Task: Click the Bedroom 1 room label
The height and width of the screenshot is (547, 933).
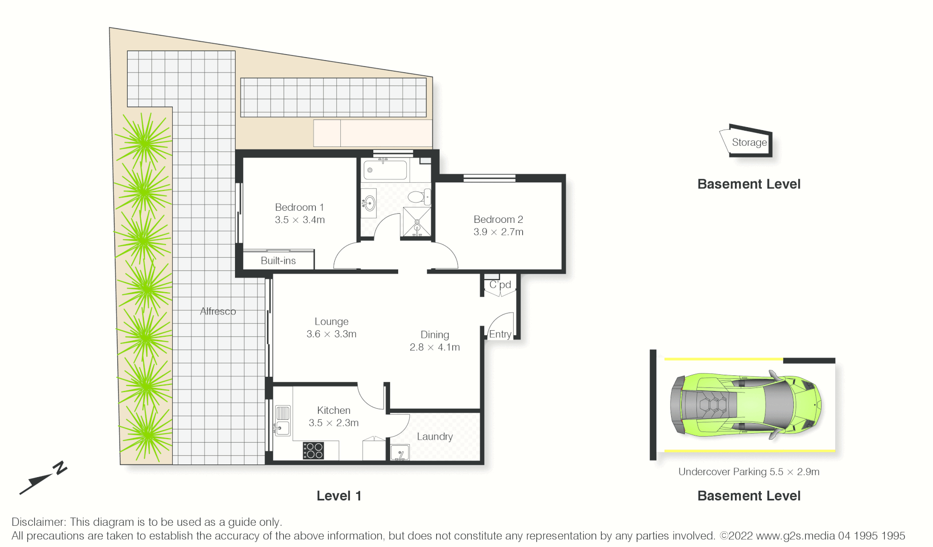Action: (299, 207)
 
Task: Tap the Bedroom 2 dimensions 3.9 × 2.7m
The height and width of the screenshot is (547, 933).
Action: (498, 232)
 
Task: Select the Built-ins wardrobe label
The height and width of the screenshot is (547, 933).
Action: (278, 261)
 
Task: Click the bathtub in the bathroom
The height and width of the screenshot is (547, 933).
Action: (385, 170)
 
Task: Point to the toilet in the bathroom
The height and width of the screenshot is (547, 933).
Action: (418, 197)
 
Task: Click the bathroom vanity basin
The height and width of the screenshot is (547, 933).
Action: (369, 204)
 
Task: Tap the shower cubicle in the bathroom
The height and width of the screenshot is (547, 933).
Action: (417, 222)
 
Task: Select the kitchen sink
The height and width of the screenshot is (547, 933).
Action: (282, 428)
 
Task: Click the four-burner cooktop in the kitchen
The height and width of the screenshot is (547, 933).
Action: (314, 450)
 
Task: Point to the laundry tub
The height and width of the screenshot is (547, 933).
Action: (400, 452)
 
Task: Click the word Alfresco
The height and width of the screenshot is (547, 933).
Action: (218, 311)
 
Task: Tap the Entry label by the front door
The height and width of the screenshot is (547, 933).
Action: (500, 334)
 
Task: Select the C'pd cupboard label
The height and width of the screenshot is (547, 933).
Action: (500, 285)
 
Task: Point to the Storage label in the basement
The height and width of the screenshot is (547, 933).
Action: (749, 143)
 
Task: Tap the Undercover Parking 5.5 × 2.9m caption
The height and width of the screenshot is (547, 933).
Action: (749, 472)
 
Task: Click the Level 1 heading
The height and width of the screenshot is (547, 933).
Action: (339, 496)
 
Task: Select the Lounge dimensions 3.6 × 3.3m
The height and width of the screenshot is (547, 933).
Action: (331, 334)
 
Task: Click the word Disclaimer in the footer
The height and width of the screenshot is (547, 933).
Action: (38, 522)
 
